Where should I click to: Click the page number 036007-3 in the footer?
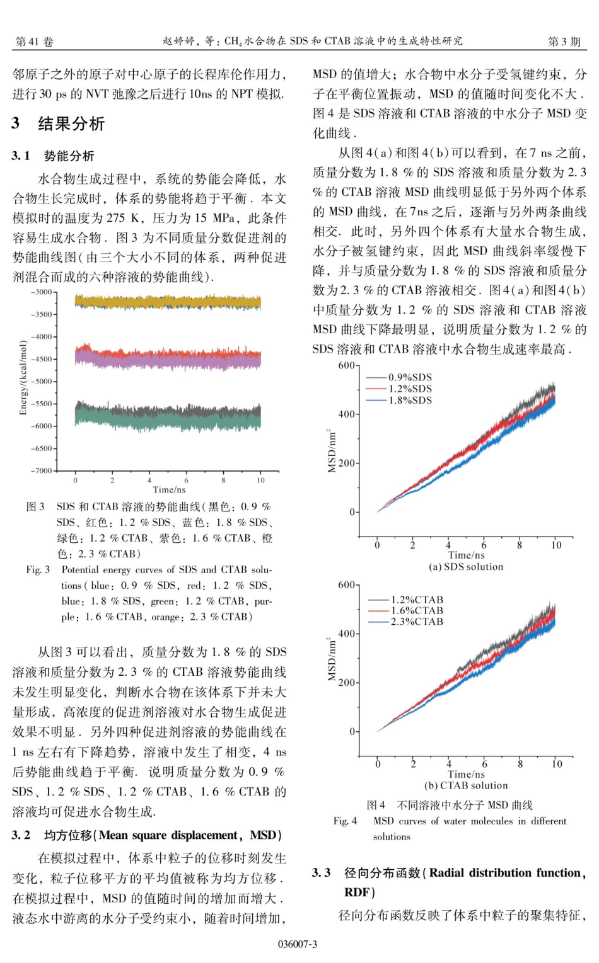[x=298, y=943]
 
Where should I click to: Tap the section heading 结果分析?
[x=71, y=123]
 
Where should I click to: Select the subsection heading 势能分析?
[x=69, y=156]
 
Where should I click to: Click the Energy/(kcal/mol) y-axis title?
[x=23, y=377]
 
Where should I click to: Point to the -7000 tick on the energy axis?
[x=42, y=470]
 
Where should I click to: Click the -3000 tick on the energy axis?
[x=42, y=292]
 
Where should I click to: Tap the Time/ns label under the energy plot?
[x=169, y=489]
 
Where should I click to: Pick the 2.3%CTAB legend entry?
[x=417, y=622]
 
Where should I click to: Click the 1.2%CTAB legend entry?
[x=417, y=600]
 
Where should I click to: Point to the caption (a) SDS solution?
[x=466, y=567]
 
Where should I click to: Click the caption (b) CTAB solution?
[x=466, y=785]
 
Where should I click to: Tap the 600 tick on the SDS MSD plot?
[x=347, y=365]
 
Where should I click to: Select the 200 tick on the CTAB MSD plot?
[x=347, y=683]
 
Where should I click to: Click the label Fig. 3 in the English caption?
[x=38, y=570]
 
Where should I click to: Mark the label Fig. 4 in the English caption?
[x=345, y=821]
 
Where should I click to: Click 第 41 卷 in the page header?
[x=34, y=42]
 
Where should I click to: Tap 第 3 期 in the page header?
[x=564, y=42]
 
